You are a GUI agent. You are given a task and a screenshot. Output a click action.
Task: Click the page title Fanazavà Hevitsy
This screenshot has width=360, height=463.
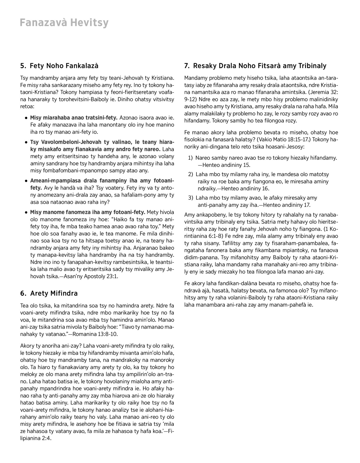(64, 23)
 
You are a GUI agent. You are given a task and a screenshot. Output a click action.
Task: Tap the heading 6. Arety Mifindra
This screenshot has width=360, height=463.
(49, 293)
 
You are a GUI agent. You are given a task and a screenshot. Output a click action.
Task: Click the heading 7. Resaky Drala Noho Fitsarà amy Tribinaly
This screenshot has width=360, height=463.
(255, 66)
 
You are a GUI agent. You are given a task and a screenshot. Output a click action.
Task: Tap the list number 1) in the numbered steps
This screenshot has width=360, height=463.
(190, 158)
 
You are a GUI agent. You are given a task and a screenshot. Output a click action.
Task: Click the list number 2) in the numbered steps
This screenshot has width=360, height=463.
(190, 174)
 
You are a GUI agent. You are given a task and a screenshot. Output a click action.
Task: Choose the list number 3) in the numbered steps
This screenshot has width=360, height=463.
(190, 198)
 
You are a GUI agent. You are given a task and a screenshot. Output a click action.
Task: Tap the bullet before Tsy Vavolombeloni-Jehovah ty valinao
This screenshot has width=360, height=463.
(27, 142)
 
